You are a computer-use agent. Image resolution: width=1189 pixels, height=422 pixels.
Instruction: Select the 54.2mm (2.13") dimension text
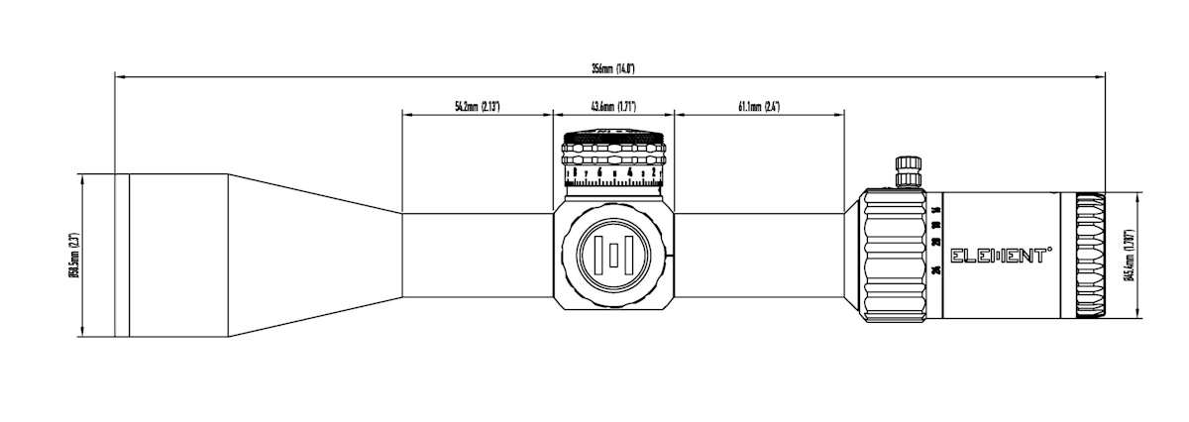[477, 106]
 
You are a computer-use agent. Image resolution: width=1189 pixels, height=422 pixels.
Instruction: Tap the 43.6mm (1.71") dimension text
[613, 106]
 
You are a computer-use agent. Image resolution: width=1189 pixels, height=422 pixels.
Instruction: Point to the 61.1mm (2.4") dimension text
[759, 106]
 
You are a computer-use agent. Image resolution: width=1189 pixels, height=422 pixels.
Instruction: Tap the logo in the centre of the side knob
[616, 256]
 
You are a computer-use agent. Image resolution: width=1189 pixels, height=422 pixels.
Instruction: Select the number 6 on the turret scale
[598, 176]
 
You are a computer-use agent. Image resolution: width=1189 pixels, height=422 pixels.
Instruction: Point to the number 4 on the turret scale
[629, 176]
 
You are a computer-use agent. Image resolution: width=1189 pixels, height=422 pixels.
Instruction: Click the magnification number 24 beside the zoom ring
[936, 270]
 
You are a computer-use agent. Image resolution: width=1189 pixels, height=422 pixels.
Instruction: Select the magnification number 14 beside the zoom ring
[936, 209]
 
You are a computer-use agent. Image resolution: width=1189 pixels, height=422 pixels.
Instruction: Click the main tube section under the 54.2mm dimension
[477, 256]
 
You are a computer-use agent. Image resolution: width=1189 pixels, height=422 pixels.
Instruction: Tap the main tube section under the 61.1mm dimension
[759, 256]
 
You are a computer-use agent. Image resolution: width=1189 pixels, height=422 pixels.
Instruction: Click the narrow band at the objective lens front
[121, 256]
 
